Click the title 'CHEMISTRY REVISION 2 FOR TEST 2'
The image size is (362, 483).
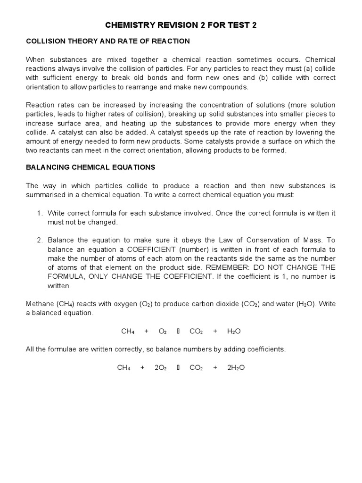coord(181,25)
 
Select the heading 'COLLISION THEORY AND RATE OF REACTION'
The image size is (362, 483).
coord(108,42)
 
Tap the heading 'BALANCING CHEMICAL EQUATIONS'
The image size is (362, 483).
coord(90,167)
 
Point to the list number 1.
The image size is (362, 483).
coord(40,213)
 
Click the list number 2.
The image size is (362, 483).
coord(40,240)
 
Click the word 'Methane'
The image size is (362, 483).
coord(39,304)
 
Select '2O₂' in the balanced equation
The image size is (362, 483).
coord(160,367)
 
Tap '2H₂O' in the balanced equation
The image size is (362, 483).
coord(236,367)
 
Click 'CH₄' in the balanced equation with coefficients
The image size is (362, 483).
coord(123,367)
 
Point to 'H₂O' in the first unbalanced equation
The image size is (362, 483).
coord(234,332)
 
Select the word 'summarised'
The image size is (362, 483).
coord(46,195)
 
